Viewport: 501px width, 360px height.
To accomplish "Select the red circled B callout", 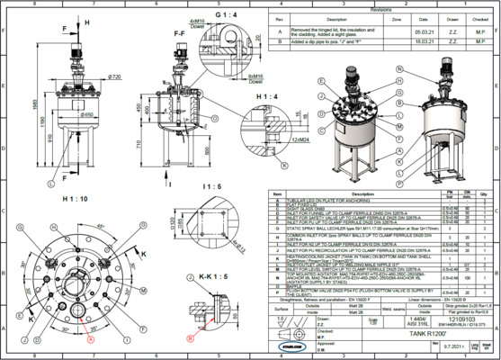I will click(x=188, y=339).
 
